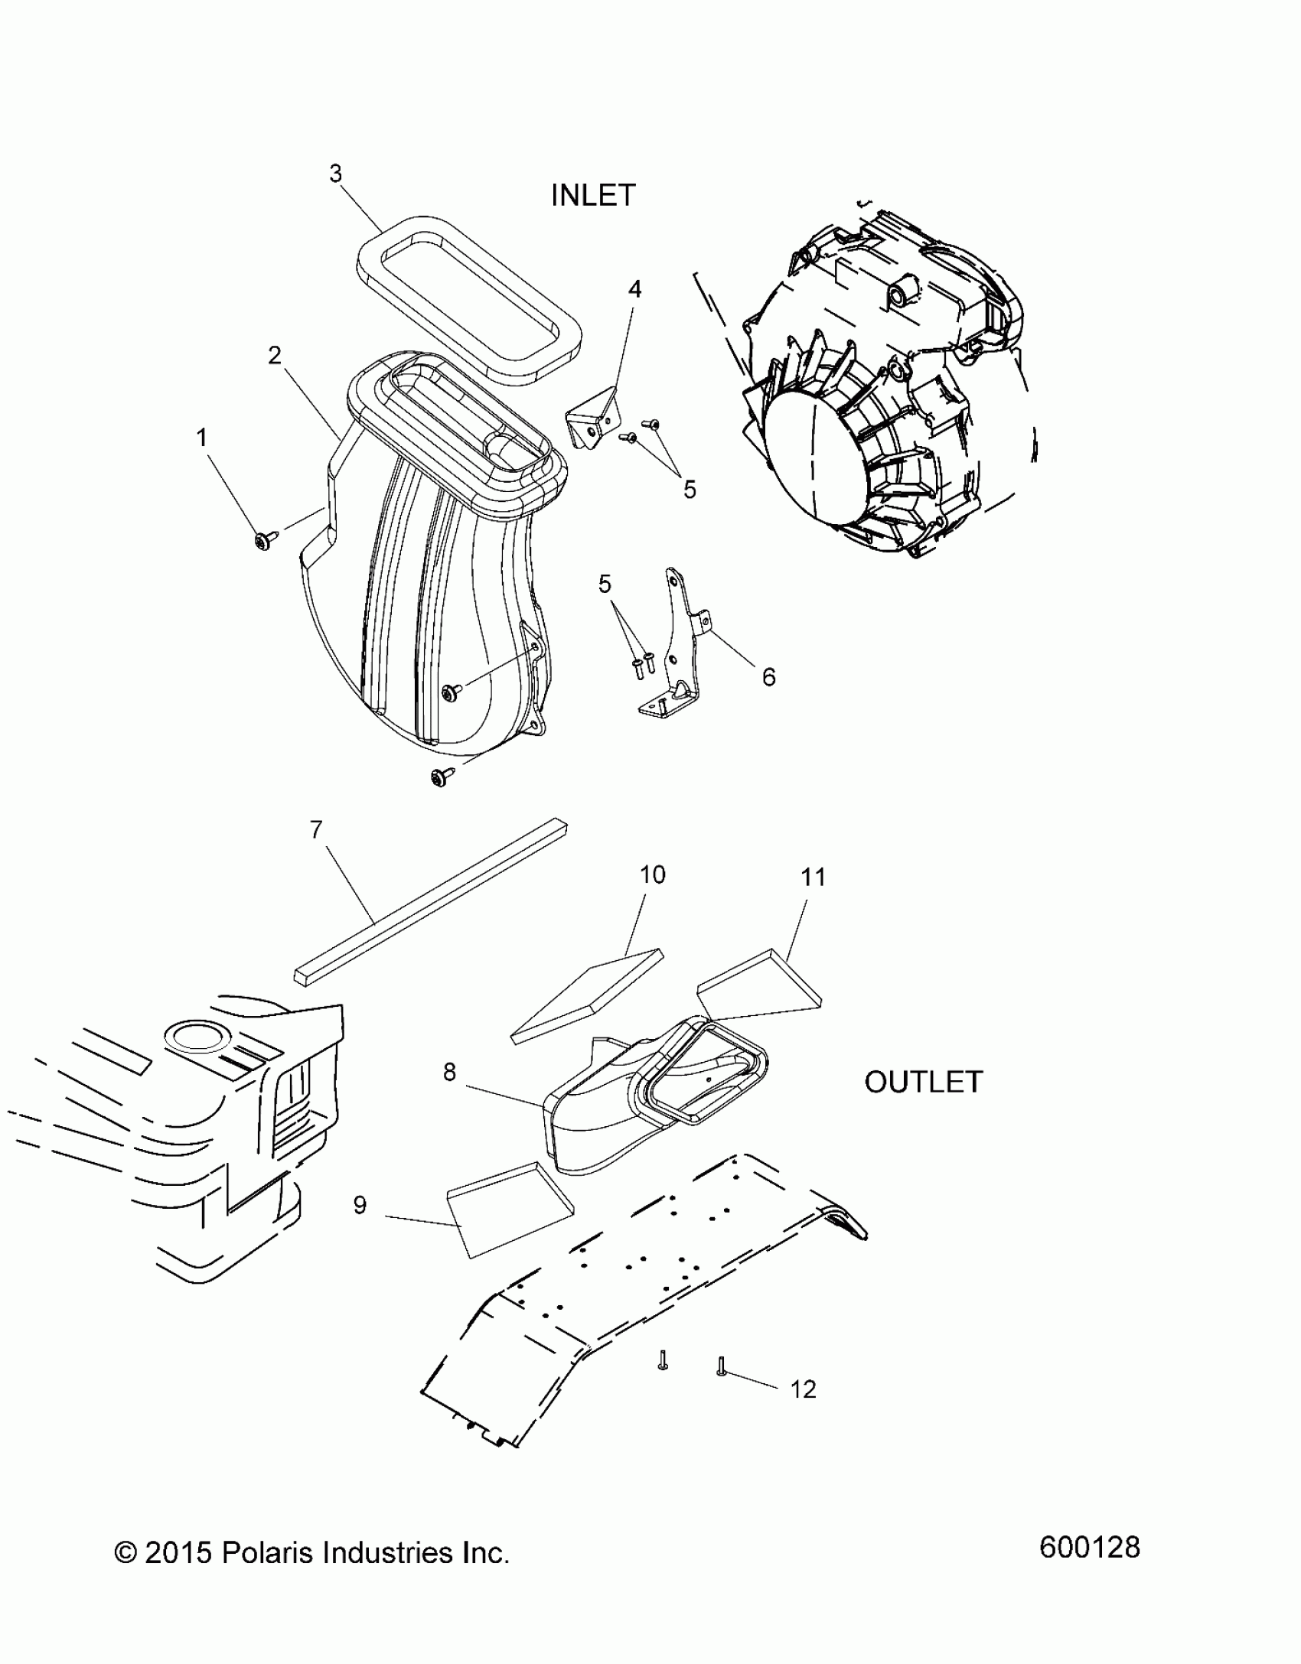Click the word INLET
pos(593,196)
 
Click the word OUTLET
pos(923,1082)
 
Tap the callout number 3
pos(336,174)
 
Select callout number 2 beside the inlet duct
pos(275,355)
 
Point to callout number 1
pos(202,438)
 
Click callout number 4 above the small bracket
pos(634,289)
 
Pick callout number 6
pos(768,676)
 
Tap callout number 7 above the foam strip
pos(317,829)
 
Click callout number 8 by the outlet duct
pos(449,1073)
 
